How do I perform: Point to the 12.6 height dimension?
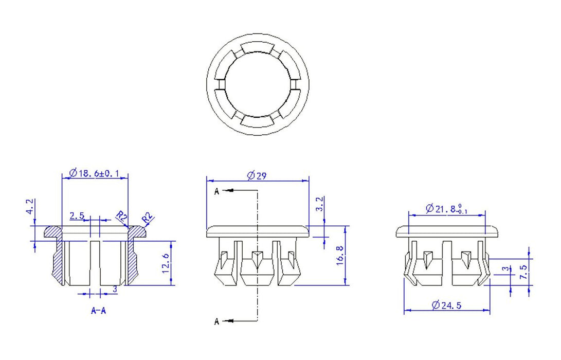(166, 263)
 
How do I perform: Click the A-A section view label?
(98, 311)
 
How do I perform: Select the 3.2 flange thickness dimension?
(320, 204)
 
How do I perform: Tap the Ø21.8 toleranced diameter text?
(446, 209)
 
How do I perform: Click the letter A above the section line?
(217, 191)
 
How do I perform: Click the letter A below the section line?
(217, 322)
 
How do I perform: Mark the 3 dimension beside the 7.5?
(506, 269)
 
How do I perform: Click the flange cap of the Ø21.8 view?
(447, 231)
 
